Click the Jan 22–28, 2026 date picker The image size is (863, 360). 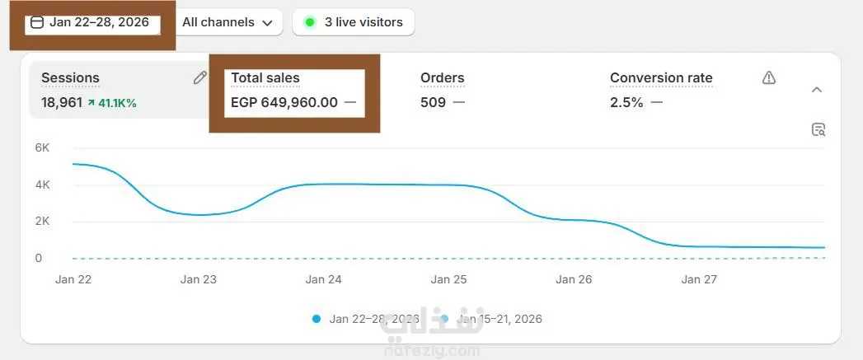(x=91, y=22)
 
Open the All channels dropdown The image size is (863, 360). (x=227, y=22)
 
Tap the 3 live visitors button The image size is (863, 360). (x=354, y=22)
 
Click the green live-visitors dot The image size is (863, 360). (x=310, y=22)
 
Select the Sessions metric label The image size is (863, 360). (x=70, y=78)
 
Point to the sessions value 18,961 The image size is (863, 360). (x=62, y=103)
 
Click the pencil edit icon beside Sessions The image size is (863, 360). (x=199, y=78)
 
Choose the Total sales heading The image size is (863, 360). (x=265, y=78)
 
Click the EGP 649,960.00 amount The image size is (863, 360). (x=284, y=102)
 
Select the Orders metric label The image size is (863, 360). (x=443, y=78)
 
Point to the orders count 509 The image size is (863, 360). (x=433, y=102)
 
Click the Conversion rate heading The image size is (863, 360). (x=661, y=78)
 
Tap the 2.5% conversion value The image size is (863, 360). (x=626, y=102)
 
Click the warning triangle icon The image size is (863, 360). (x=769, y=77)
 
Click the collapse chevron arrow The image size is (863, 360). (x=817, y=89)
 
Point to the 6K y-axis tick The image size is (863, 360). (x=43, y=147)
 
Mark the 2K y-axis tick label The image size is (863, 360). (x=43, y=221)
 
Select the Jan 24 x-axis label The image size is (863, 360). (x=323, y=279)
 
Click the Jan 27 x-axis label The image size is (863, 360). (x=699, y=279)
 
